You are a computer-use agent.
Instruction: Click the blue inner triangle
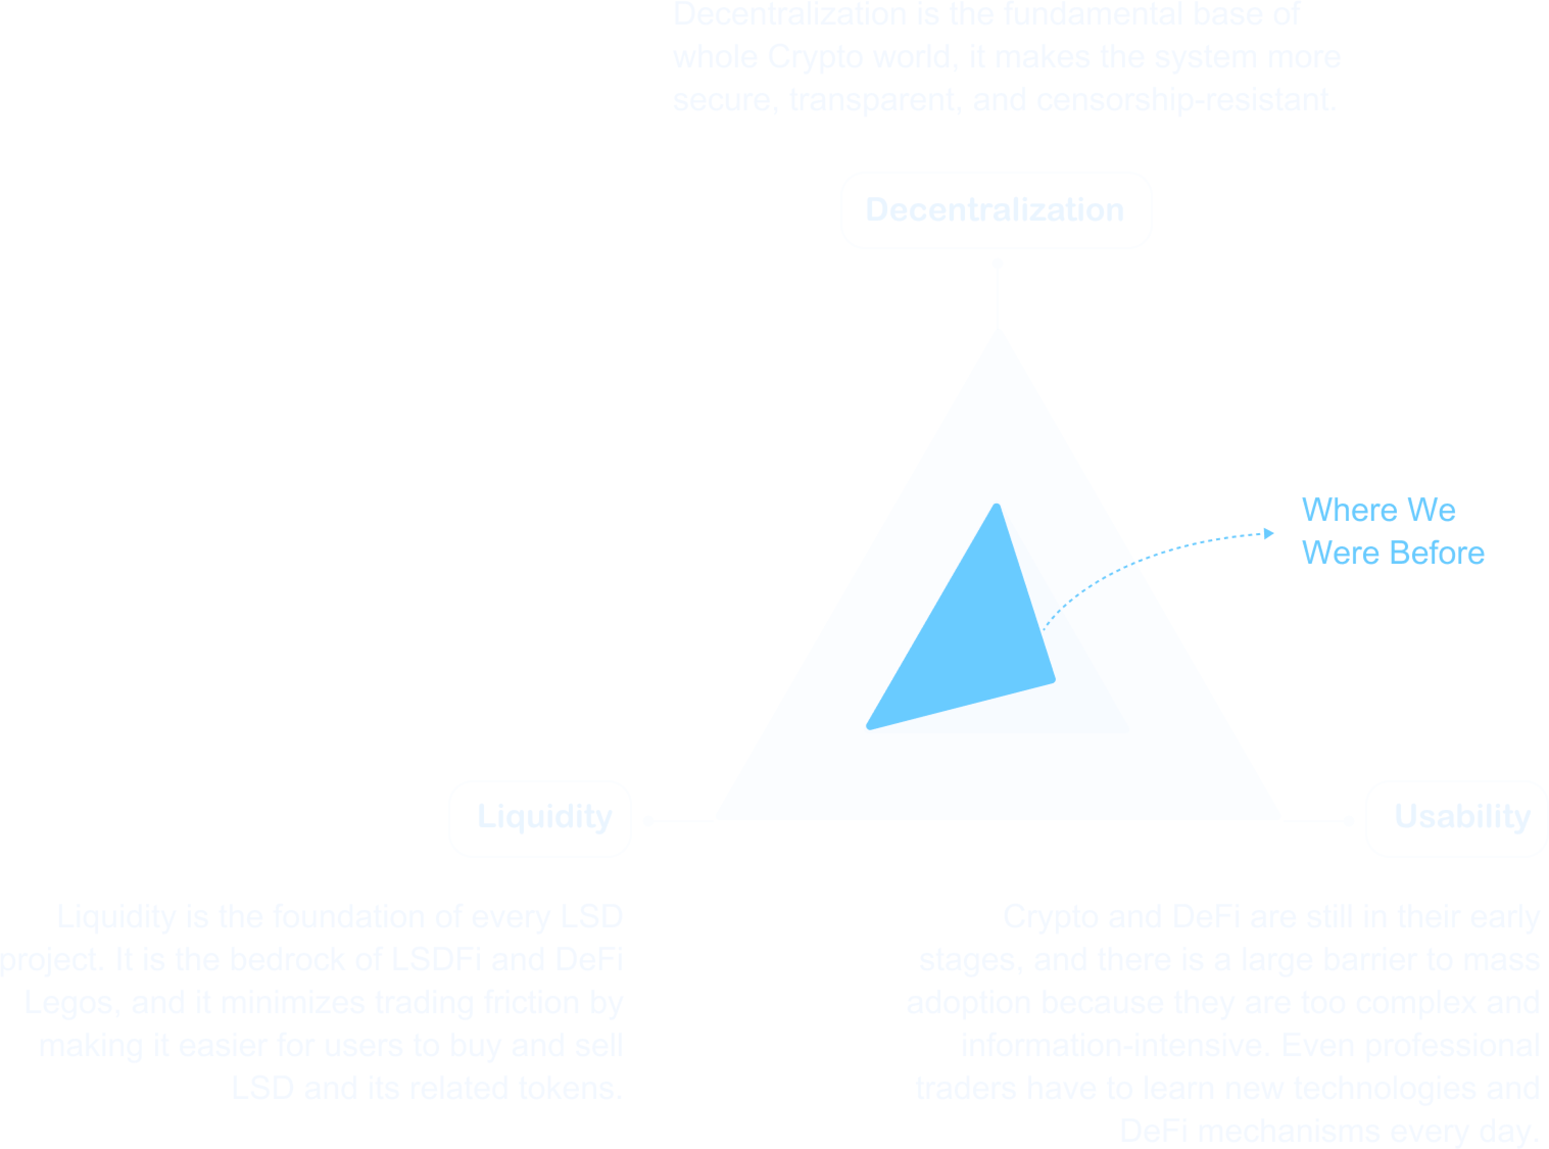[973, 640]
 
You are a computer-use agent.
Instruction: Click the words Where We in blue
[1378, 510]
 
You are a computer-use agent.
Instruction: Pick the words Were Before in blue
[1393, 553]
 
